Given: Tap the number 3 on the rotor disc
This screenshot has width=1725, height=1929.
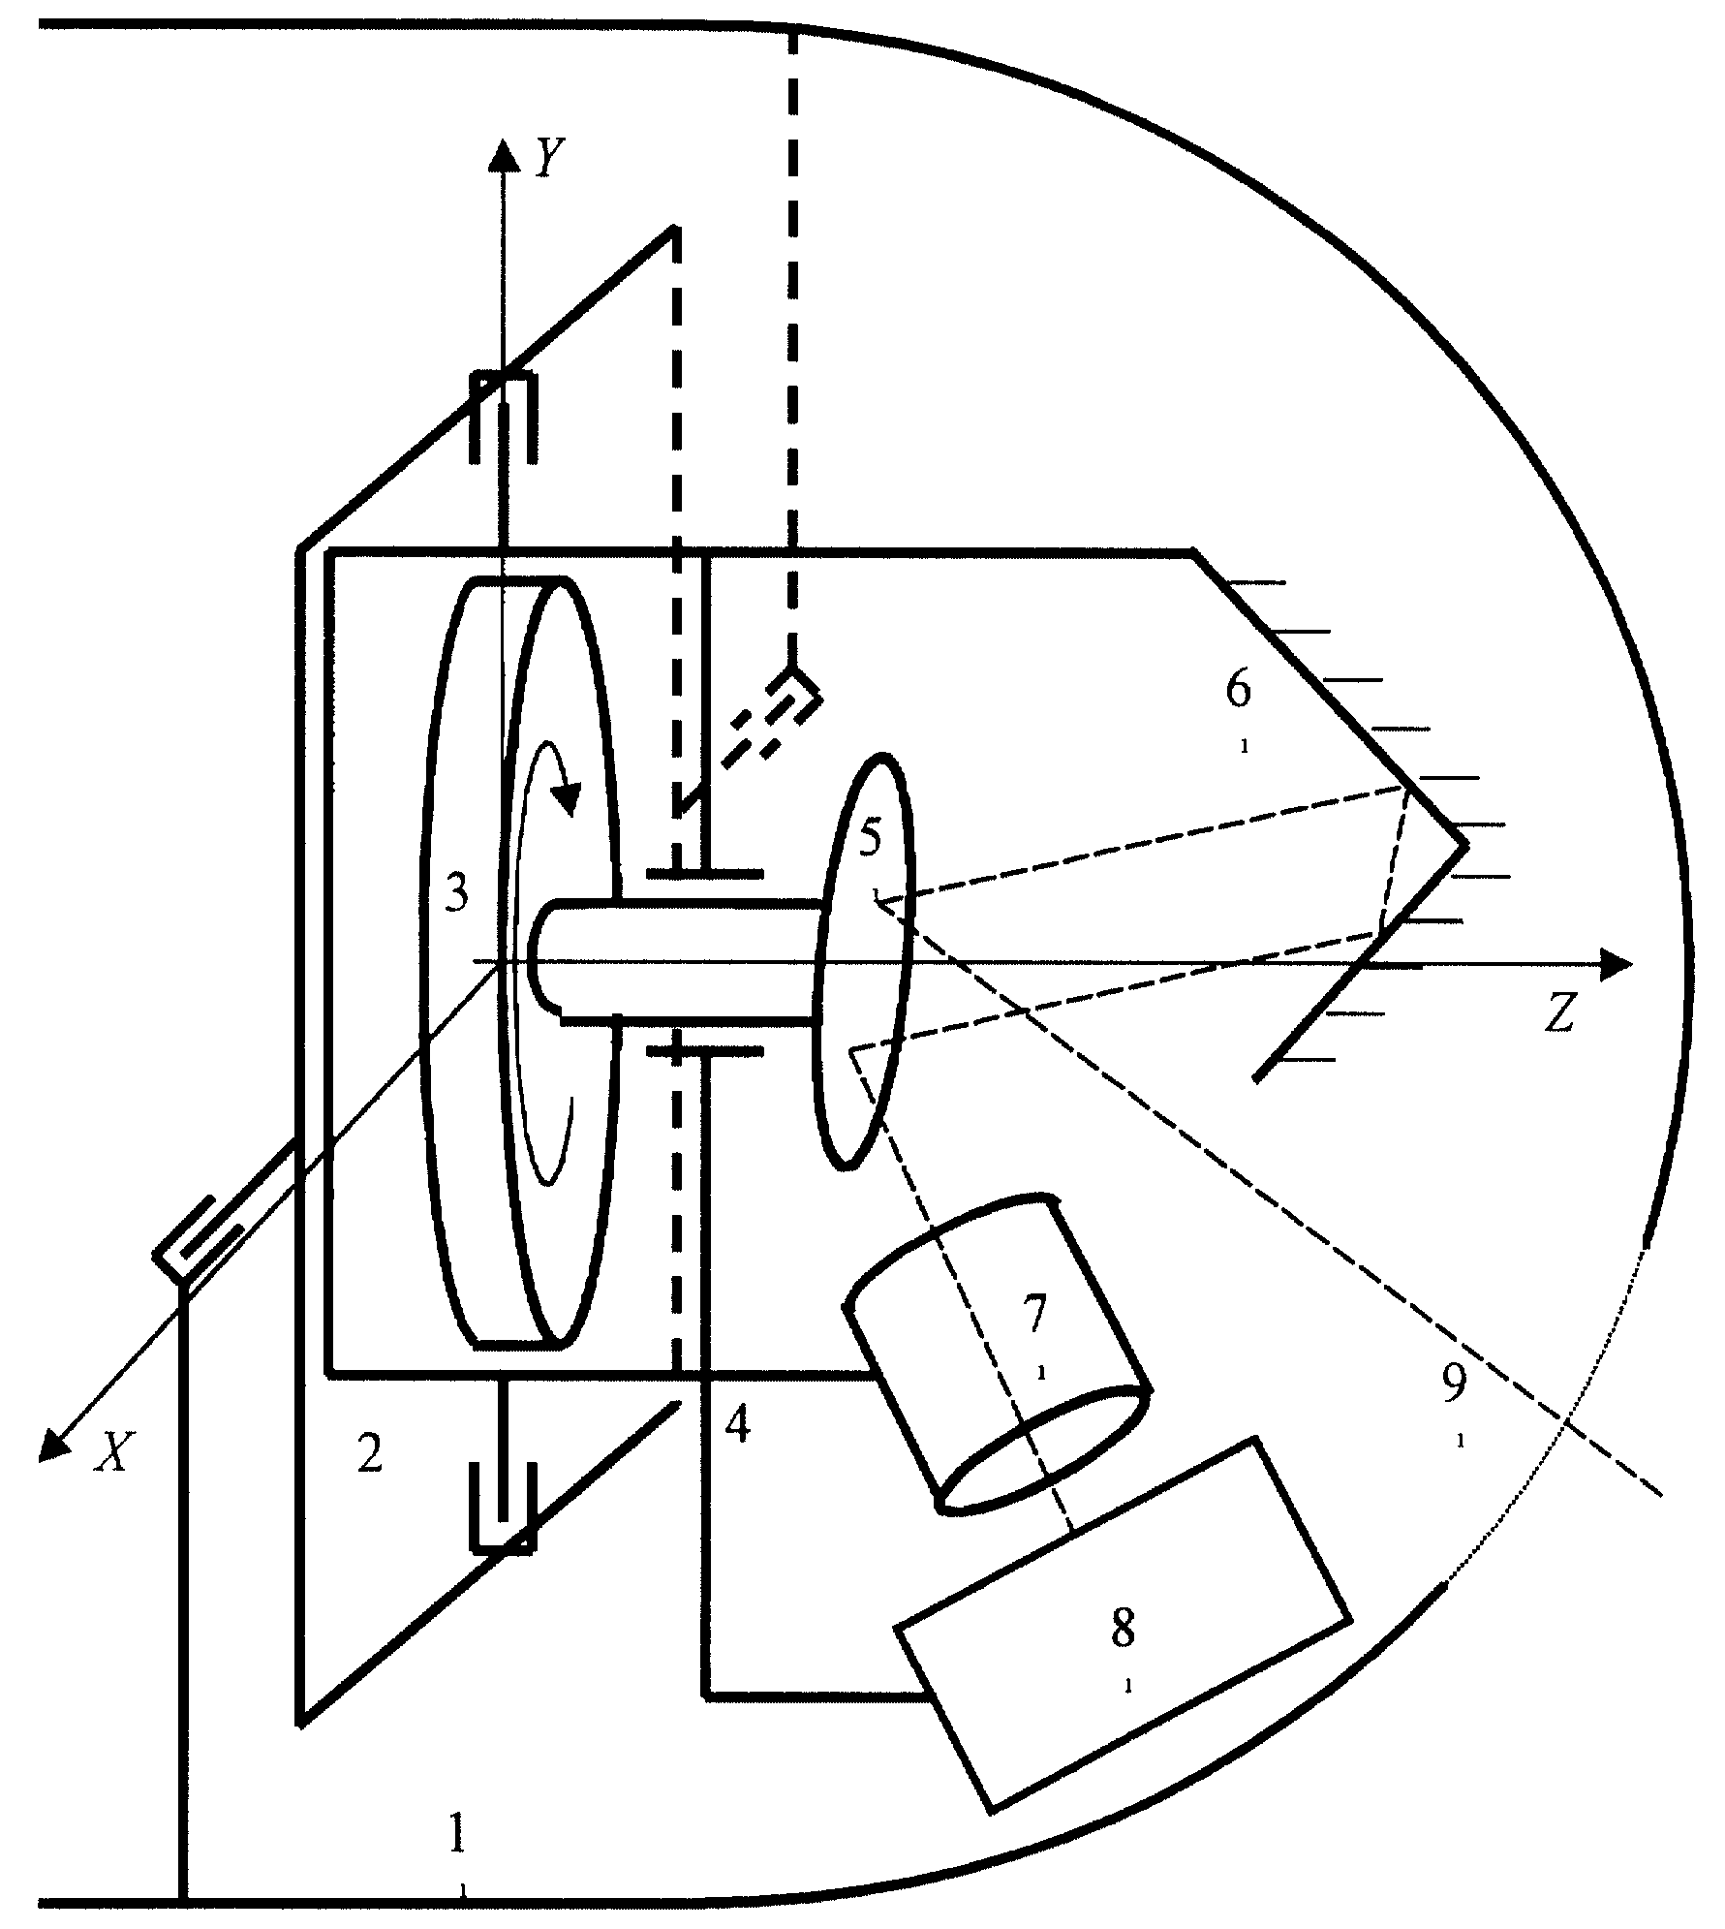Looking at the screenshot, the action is point(456,893).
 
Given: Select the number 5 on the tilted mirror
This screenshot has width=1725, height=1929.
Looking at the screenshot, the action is point(871,837).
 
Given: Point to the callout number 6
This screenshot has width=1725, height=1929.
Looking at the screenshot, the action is point(1238,690).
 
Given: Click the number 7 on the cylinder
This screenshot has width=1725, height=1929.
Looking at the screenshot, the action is point(1035,1314).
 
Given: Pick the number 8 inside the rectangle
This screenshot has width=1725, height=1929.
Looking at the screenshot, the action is point(1123,1629).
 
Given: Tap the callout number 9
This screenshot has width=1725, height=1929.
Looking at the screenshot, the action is point(1454,1386).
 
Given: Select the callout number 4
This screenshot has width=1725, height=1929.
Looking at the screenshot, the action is point(738,1426).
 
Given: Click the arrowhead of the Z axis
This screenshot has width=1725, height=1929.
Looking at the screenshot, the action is point(1617,964).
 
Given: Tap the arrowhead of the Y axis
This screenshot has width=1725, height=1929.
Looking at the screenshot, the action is point(502,155).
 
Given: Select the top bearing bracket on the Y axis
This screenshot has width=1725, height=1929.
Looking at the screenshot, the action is point(503,418).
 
